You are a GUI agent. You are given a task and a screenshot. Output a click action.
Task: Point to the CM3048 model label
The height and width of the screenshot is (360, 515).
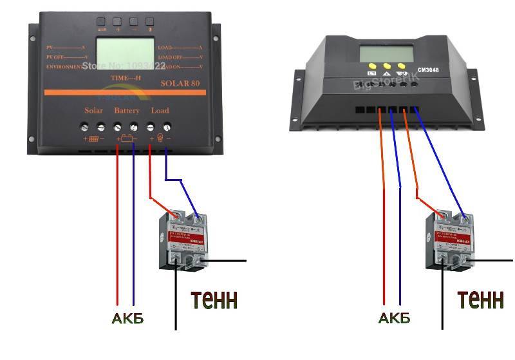click(x=428, y=70)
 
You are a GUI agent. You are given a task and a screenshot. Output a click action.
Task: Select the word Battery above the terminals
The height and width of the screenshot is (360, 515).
click(x=127, y=111)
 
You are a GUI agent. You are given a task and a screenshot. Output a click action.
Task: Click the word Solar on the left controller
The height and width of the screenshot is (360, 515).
click(x=93, y=111)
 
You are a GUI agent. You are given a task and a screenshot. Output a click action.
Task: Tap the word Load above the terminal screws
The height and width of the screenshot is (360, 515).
click(x=160, y=111)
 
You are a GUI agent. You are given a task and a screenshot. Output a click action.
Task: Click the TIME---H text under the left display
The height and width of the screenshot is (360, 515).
click(x=126, y=78)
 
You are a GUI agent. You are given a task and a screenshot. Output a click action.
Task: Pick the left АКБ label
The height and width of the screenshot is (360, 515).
click(x=127, y=318)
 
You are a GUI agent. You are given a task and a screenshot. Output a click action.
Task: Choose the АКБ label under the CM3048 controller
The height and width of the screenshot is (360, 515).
click(x=394, y=318)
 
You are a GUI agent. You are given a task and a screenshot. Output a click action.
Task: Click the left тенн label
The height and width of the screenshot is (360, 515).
click(x=214, y=299)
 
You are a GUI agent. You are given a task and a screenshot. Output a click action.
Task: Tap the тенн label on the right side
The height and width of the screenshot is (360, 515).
click(x=480, y=299)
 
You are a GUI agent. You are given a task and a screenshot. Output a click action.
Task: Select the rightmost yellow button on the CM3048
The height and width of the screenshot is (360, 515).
click(x=402, y=66)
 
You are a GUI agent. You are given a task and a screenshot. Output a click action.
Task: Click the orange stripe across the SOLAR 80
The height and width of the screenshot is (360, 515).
click(x=126, y=93)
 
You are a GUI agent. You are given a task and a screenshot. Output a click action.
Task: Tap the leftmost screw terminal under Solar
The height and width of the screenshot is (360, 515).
click(x=85, y=127)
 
